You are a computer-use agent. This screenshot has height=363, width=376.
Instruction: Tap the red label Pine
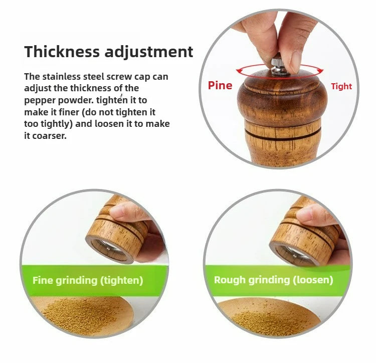coord(220,85)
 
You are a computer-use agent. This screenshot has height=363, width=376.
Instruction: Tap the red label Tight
coord(341,86)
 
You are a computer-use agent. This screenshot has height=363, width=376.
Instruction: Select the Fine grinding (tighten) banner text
coord(88,280)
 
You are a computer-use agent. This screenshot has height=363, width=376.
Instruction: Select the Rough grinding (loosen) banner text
coord(273,280)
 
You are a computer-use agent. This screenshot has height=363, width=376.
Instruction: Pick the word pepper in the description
coord(39,100)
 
